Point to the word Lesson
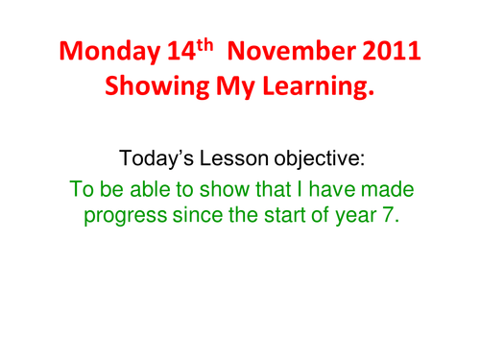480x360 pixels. click(241, 156)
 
